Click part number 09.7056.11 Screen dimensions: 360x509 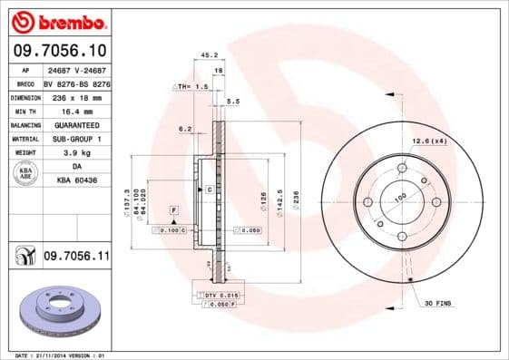(x=76, y=258)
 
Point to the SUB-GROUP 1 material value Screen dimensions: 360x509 (x=75, y=139)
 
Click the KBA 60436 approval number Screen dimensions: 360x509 (x=76, y=181)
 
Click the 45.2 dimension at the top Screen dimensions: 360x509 (x=207, y=55)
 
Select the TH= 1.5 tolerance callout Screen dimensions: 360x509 (x=192, y=85)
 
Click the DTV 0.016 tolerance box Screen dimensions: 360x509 (x=219, y=296)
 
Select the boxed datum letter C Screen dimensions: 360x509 (x=209, y=190)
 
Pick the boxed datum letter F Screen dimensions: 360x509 (x=173, y=209)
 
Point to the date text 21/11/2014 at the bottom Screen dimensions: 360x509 (x=73, y=355)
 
